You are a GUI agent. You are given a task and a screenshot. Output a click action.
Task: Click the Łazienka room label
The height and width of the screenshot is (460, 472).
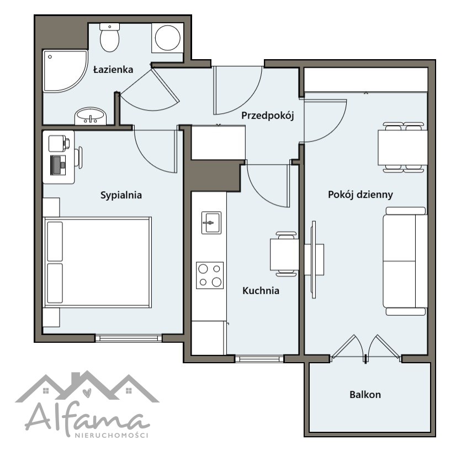[113, 70]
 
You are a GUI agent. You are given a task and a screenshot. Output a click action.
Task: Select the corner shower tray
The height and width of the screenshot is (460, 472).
[65, 71]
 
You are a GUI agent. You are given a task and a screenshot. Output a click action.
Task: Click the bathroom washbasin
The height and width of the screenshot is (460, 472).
[91, 116]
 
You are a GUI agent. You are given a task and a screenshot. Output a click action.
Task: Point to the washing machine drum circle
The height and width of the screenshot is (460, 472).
[168, 38]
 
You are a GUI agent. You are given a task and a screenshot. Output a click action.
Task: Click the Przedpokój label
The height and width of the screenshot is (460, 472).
[267, 116]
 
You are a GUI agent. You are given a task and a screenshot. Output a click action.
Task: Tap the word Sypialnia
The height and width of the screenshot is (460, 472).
[121, 195]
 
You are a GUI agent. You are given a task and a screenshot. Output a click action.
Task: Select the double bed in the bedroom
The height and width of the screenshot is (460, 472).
[98, 262]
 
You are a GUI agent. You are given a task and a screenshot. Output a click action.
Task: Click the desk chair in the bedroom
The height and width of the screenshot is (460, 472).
[78, 158]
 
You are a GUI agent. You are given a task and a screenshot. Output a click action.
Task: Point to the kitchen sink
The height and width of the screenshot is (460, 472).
[211, 223]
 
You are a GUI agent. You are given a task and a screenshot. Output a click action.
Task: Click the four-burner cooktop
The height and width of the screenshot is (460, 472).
[210, 275]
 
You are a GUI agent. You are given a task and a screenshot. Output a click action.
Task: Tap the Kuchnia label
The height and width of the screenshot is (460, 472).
[261, 291]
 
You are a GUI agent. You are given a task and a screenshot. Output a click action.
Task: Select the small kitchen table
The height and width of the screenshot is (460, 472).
[284, 254]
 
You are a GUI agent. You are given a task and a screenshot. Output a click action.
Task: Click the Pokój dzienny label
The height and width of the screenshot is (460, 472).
[360, 195]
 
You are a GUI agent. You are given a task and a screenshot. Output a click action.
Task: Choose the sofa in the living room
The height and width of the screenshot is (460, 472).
[405, 261]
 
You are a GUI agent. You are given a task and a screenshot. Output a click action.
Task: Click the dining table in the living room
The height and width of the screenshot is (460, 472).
[403, 148]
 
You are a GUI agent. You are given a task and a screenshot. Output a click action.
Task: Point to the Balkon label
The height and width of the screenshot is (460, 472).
[365, 395]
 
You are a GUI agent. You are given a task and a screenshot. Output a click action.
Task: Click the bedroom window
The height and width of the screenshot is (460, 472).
[129, 338]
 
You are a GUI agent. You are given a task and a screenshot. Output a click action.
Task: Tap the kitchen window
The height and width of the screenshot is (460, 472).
[259, 359]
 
